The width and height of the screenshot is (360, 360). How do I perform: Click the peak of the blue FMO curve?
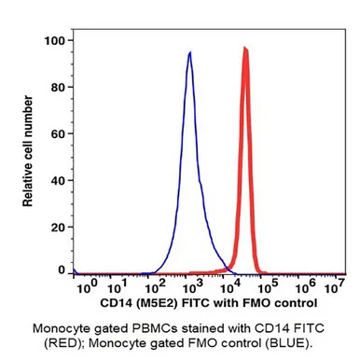click(x=189, y=52)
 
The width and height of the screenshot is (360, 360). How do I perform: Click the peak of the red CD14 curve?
click(x=245, y=48)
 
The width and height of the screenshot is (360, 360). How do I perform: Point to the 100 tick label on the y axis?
click(x=54, y=41)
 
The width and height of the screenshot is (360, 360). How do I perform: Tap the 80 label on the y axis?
click(x=58, y=88)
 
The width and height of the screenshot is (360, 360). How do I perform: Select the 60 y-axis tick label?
click(x=58, y=134)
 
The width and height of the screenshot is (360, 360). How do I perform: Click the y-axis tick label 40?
click(x=58, y=181)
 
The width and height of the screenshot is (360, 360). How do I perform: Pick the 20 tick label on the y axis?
click(x=58, y=228)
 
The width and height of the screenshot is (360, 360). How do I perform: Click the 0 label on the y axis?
click(x=62, y=270)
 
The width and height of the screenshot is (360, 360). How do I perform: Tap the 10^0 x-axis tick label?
click(x=87, y=287)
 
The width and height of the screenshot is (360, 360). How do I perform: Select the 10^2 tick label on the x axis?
click(x=156, y=287)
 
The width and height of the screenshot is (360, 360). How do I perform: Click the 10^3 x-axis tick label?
click(x=192, y=287)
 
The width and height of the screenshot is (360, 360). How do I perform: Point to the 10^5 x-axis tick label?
click(x=268, y=287)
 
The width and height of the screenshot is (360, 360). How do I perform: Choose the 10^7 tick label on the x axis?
click(x=335, y=287)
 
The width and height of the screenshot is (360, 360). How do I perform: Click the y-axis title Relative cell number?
click(x=28, y=151)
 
